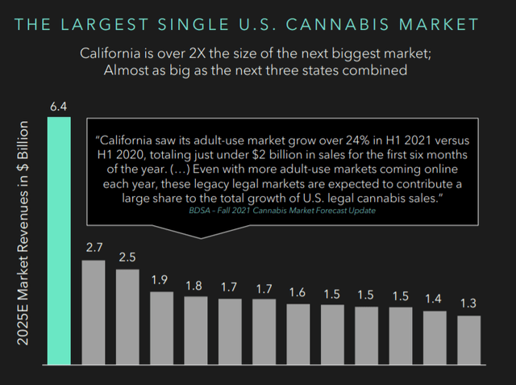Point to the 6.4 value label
coord(59,107)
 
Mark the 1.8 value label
coord(195,285)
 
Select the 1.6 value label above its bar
coord(298,292)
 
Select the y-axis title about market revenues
coord(23,234)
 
